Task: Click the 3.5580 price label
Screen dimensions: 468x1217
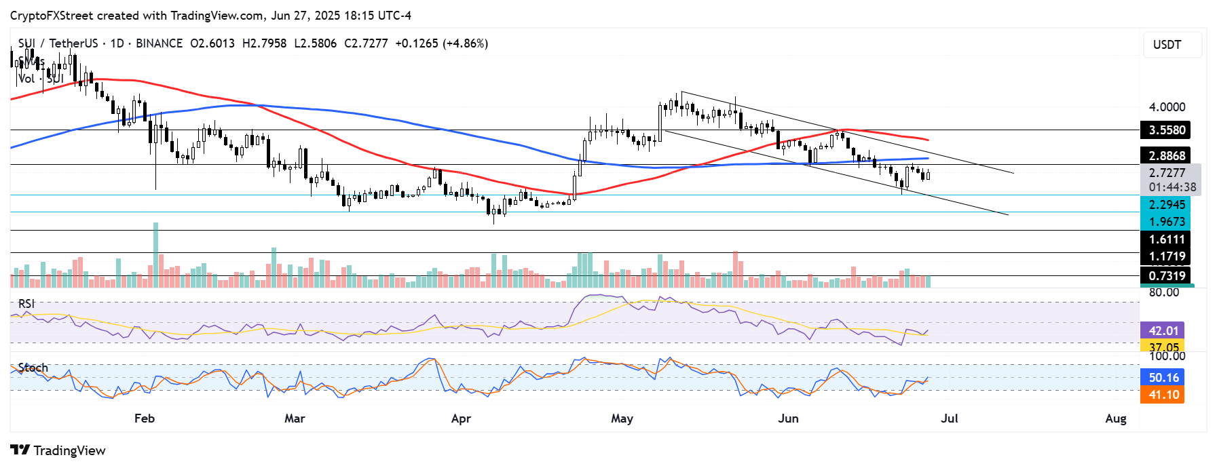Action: click(x=1167, y=130)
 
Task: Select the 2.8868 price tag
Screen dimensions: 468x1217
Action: click(x=1167, y=156)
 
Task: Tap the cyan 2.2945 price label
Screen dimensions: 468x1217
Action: click(x=1167, y=205)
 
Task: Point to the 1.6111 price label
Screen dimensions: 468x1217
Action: click(x=1167, y=239)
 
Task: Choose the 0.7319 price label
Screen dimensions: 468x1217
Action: click(x=1167, y=276)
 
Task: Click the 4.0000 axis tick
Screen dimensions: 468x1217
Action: click(x=1167, y=107)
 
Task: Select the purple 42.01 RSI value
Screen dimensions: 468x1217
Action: click(x=1163, y=331)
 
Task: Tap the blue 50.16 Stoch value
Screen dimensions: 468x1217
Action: click(x=1163, y=378)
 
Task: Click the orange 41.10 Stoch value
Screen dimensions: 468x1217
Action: click(x=1163, y=395)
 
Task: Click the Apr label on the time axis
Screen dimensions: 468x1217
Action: click(x=461, y=418)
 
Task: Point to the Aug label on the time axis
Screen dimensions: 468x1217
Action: click(x=1115, y=418)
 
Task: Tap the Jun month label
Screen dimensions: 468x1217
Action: click(x=788, y=418)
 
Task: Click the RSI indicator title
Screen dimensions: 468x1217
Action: click(x=26, y=304)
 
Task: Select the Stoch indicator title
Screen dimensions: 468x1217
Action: click(x=33, y=368)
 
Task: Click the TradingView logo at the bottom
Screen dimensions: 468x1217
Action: click(x=58, y=450)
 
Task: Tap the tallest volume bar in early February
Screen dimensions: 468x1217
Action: click(x=156, y=254)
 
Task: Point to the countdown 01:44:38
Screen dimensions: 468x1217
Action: click(x=1172, y=187)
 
